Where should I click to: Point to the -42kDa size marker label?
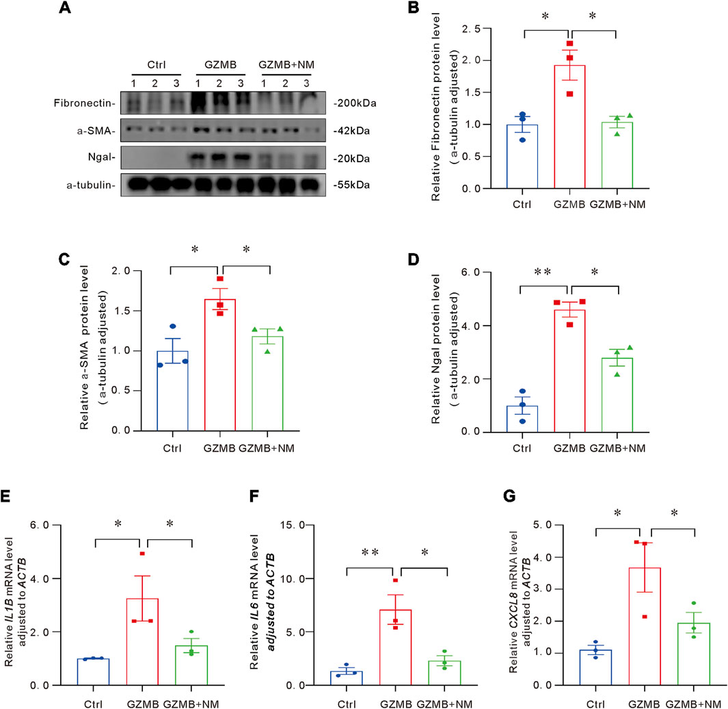356,130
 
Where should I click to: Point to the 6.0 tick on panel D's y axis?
485,272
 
